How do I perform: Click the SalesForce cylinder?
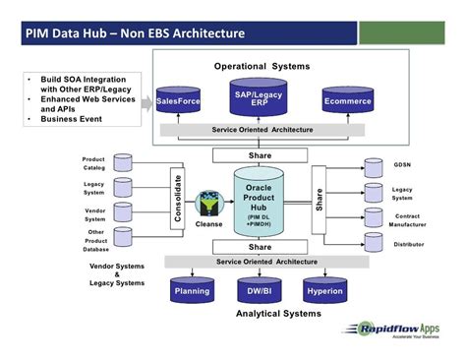pos(179,100)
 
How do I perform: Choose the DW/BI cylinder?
pos(260,291)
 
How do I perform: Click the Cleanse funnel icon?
pos(208,203)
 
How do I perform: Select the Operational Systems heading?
pos(262,66)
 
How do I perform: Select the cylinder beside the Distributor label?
pos(374,241)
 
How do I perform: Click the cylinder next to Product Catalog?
pos(124,162)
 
